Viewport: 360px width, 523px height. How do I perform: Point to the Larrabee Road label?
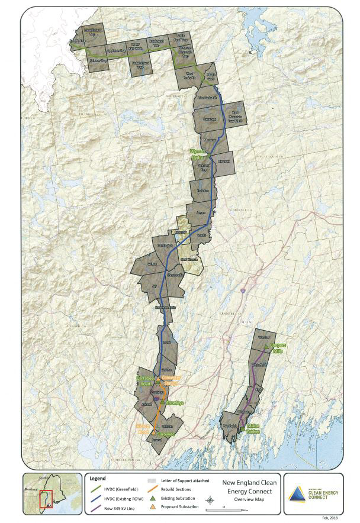pyautogui.click(x=144, y=380)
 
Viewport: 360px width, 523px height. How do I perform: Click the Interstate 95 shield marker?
pyautogui.click(x=243, y=290)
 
